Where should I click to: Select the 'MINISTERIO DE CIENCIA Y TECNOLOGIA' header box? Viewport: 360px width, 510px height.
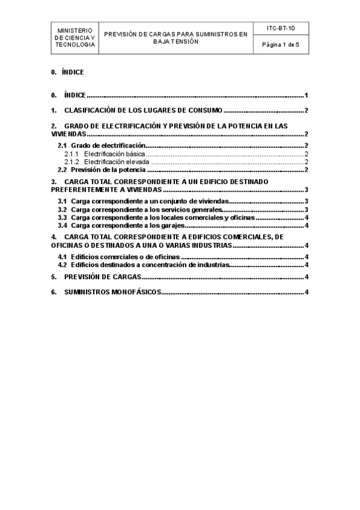click(x=75, y=37)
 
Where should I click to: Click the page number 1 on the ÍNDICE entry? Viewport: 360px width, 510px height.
click(x=306, y=95)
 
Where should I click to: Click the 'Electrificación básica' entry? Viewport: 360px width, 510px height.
click(x=114, y=154)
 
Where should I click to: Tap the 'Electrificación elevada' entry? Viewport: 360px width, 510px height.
click(x=116, y=162)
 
